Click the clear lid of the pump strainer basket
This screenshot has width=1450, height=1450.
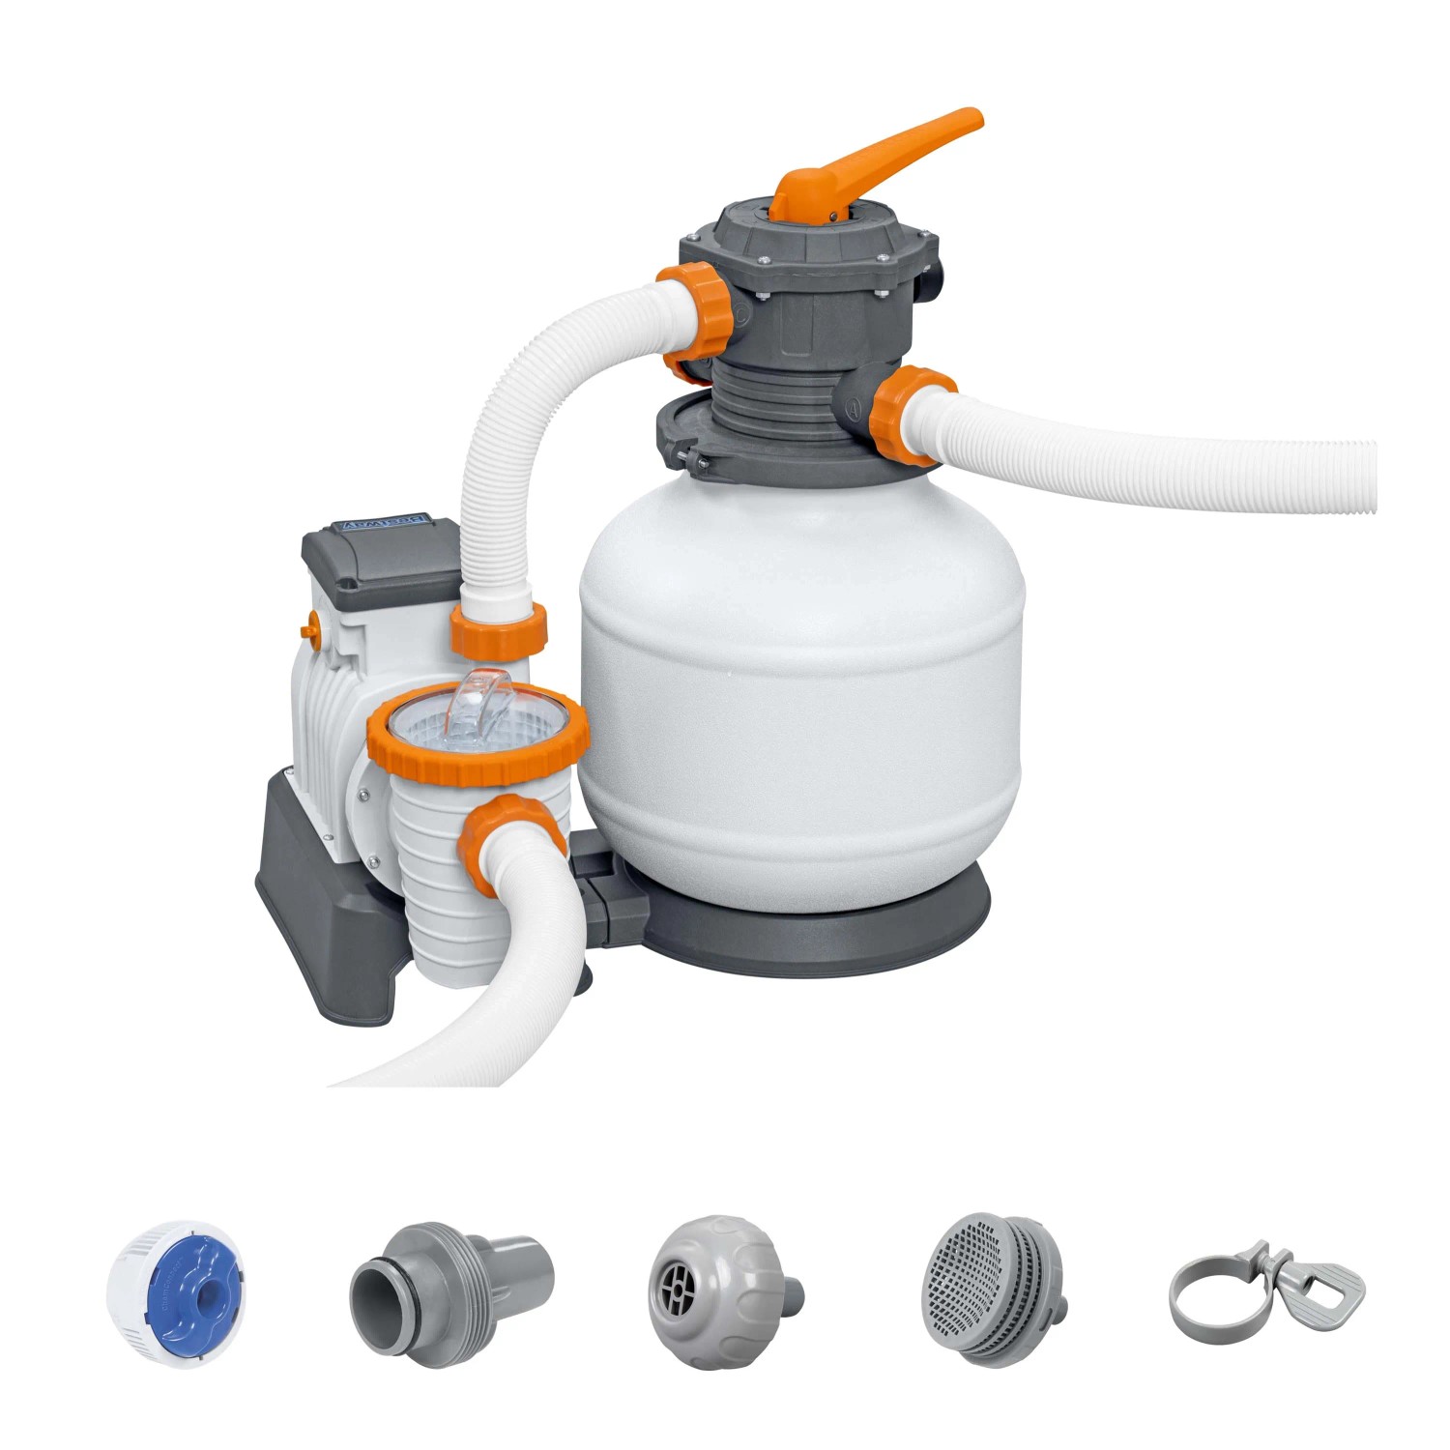(x=478, y=715)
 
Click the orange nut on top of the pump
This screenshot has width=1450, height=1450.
(x=499, y=628)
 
